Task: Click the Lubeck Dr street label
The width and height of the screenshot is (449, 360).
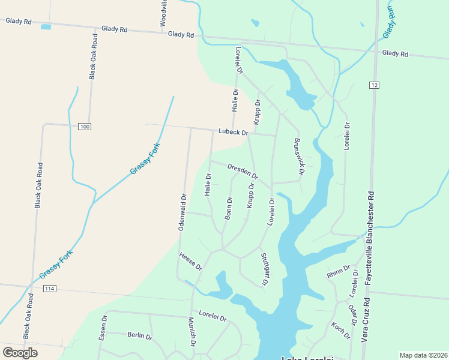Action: (x=234, y=131)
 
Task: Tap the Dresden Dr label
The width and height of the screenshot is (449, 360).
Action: (x=243, y=172)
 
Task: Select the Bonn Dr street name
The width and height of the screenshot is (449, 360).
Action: (x=228, y=208)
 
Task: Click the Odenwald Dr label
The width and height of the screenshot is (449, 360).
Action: (x=183, y=212)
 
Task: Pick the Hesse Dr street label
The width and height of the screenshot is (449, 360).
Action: (x=190, y=262)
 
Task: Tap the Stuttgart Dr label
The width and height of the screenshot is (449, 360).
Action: (x=264, y=269)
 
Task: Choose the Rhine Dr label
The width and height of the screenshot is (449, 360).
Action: (x=338, y=272)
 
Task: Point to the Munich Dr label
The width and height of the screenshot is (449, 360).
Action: (x=191, y=332)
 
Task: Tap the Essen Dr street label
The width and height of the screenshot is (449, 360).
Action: (x=103, y=328)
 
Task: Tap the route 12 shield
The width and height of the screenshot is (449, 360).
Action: (x=375, y=85)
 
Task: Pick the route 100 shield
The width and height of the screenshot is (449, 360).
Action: (x=85, y=126)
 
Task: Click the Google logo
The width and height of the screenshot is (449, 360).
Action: (x=20, y=353)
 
